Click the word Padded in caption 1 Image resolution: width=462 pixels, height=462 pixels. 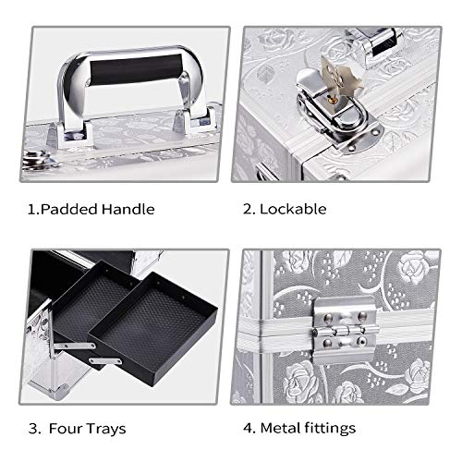tap(68, 210)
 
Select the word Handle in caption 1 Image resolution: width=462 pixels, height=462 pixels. tap(128, 209)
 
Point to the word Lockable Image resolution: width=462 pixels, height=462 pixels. tap(293, 209)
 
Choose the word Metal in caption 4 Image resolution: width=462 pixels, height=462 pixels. tap(280, 428)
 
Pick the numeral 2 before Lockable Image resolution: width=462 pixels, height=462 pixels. tap(248, 210)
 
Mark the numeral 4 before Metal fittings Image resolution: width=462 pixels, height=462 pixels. tap(248, 428)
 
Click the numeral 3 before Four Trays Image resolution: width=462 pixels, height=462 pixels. tap(34, 429)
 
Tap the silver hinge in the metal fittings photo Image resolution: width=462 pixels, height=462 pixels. tap(345, 331)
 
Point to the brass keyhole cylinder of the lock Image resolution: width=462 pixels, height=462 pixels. tap(331, 99)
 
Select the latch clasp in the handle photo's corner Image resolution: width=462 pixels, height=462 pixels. tap(39, 160)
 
